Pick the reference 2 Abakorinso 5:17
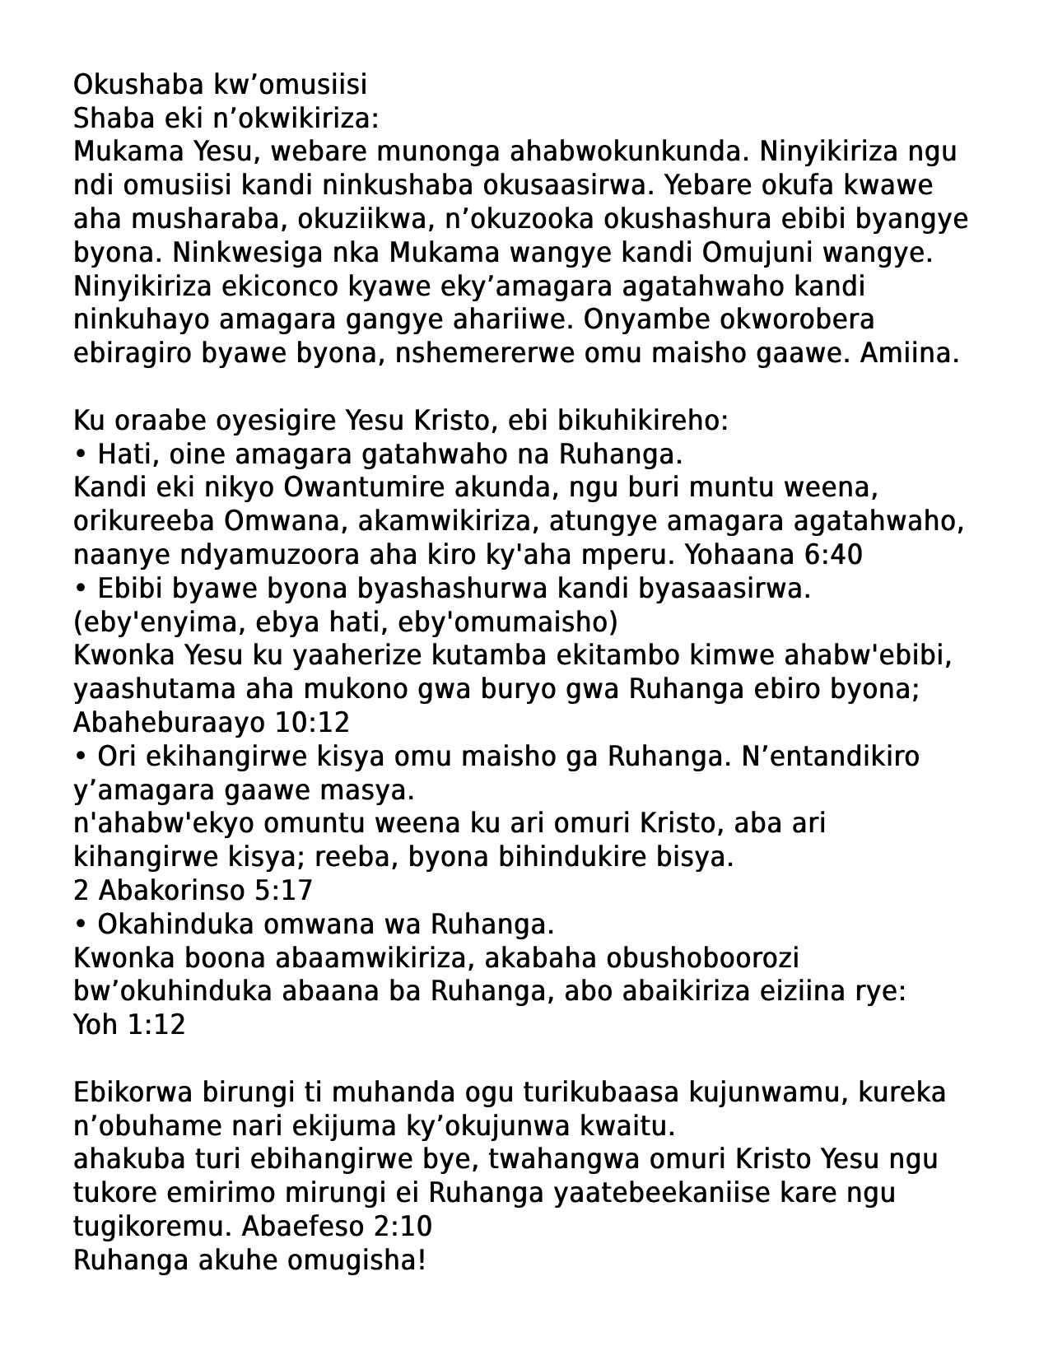[193, 891]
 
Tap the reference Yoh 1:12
[129, 1025]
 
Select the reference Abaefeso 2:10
[337, 1227]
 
